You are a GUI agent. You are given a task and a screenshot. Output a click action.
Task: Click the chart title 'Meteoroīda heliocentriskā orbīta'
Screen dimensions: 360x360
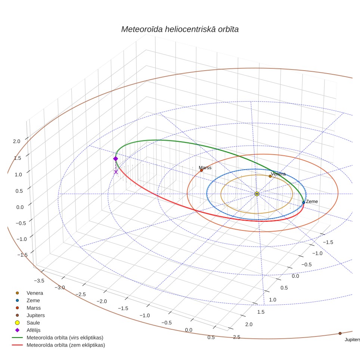click(180, 29)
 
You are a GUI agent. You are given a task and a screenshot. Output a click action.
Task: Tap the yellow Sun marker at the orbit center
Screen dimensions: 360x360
click(257, 194)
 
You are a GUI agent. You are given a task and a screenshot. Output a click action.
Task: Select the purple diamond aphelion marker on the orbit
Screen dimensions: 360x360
click(115, 159)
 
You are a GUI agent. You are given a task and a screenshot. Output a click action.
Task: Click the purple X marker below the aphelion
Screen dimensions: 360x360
click(116, 172)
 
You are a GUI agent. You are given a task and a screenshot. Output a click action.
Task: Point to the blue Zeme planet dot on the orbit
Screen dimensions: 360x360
click(304, 202)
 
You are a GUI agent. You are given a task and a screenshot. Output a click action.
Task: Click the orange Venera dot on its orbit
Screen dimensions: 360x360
click(270, 176)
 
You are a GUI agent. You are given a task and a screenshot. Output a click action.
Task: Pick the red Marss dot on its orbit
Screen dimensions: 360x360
click(201, 170)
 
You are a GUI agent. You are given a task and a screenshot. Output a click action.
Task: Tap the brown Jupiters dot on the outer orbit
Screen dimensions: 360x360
click(340, 333)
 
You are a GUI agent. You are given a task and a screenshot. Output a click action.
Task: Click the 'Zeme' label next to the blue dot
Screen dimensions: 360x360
click(312, 202)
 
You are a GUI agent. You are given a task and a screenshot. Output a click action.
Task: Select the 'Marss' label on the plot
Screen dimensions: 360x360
click(205, 168)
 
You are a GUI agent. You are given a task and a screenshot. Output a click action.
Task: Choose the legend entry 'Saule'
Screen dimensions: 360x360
click(33, 323)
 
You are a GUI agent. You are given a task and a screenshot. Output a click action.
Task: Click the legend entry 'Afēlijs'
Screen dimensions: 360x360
click(34, 330)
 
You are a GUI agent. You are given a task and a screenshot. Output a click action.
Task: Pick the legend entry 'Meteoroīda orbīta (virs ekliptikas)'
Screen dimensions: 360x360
click(65, 338)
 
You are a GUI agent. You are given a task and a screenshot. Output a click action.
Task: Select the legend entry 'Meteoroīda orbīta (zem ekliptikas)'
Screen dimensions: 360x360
click(66, 345)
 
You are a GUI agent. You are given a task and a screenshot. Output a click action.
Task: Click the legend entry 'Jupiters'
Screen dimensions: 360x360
click(35, 316)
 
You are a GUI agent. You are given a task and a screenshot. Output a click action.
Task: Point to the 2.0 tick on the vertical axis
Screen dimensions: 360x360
click(16, 142)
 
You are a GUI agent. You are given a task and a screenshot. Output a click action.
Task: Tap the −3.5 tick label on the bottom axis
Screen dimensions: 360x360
click(39, 281)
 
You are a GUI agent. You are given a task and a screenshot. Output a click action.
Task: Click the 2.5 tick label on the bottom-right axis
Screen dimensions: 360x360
click(236, 337)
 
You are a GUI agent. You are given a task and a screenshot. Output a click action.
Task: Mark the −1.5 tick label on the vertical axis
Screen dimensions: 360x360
click(22, 255)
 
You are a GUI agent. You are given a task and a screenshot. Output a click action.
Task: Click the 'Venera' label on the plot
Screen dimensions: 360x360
click(278, 174)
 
